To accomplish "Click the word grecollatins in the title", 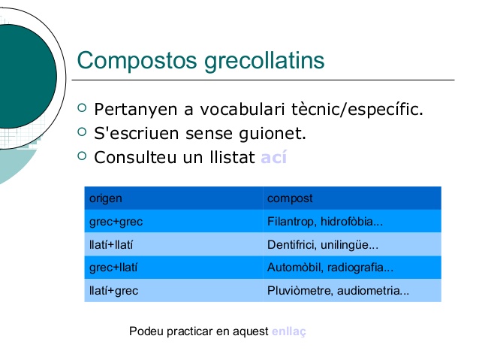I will (264, 60).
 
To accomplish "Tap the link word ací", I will (273, 159).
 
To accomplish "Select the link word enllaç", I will (289, 331).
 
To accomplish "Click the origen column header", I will (106, 198).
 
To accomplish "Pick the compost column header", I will (290, 198).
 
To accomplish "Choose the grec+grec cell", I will (116, 222).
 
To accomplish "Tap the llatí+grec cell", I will (113, 290).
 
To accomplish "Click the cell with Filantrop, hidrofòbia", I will (325, 222).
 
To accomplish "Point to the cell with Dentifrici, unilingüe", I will (323, 244).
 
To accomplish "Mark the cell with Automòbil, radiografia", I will (330, 267).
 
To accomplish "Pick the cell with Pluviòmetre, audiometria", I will (338, 290).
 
